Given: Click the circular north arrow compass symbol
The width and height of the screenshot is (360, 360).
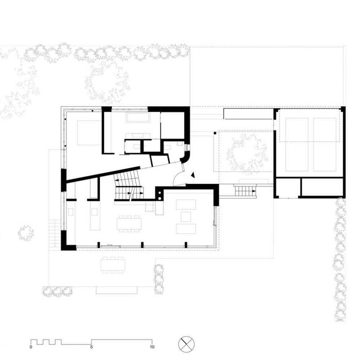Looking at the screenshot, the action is tap(186, 345).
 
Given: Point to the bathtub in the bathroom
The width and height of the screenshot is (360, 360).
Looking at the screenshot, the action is tap(138, 118).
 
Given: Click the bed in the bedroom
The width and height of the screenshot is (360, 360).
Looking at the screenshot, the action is tap(90, 132).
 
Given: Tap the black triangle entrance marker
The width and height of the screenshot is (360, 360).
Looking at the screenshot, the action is tap(193, 175).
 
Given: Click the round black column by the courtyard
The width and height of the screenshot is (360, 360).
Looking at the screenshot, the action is tap(215, 133).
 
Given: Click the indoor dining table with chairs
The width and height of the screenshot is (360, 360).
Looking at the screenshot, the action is tap(129, 224).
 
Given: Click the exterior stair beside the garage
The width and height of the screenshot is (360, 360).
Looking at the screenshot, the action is tap(245, 191).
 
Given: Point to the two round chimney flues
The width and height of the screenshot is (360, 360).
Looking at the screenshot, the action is tap(159, 196).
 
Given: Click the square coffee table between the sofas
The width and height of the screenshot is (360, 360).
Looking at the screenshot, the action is tap(186, 216).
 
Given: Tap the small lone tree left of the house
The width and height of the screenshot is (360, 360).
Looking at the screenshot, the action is tap(26, 233).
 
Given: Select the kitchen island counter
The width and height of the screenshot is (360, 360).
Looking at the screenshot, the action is tap(95, 215).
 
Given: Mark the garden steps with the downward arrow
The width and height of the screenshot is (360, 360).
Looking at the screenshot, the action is tap(55, 233).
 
